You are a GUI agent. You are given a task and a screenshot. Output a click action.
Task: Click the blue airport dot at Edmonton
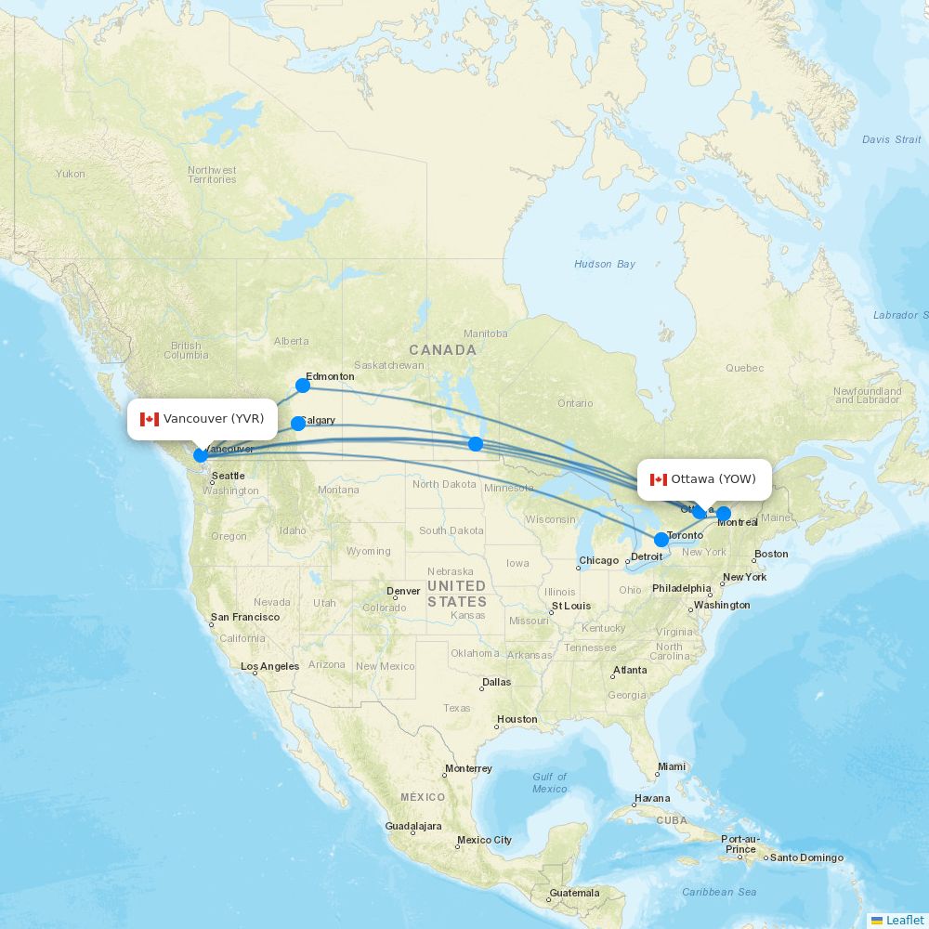pyautogui.click(x=303, y=386)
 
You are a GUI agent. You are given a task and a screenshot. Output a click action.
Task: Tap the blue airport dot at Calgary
pyautogui.click(x=298, y=424)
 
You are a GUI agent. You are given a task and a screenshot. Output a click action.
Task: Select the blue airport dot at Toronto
pyautogui.click(x=661, y=540)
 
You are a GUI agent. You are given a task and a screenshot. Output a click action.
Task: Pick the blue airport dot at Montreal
pyautogui.click(x=724, y=514)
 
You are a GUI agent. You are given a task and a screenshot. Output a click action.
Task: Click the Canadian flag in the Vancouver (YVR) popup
pyautogui.click(x=150, y=419)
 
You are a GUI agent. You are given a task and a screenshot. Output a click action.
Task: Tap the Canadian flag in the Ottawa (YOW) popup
pyautogui.click(x=659, y=479)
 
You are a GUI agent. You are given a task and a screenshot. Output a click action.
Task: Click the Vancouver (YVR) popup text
pyautogui.click(x=214, y=419)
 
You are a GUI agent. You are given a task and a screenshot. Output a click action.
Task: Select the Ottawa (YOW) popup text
pyautogui.click(x=713, y=479)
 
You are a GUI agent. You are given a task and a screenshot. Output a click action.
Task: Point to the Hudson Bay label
pyautogui.click(x=605, y=265)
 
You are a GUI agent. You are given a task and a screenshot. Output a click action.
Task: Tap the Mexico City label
pyautogui.click(x=484, y=840)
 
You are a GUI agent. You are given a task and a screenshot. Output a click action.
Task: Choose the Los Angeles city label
pyautogui.click(x=269, y=666)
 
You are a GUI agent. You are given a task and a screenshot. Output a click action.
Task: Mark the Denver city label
pyautogui.click(x=403, y=591)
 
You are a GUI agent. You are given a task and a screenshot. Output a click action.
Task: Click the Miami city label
pyautogui.click(x=671, y=767)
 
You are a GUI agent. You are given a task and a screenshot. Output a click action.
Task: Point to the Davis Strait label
pyautogui.click(x=891, y=139)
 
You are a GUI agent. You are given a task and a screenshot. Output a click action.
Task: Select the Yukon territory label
pyautogui.click(x=70, y=174)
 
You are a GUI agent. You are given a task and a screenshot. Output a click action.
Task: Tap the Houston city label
pyautogui.click(x=517, y=719)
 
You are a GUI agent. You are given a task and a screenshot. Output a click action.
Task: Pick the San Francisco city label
pyautogui.click(x=244, y=617)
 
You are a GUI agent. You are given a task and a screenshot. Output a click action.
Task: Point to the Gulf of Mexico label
pyautogui.click(x=550, y=782)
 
